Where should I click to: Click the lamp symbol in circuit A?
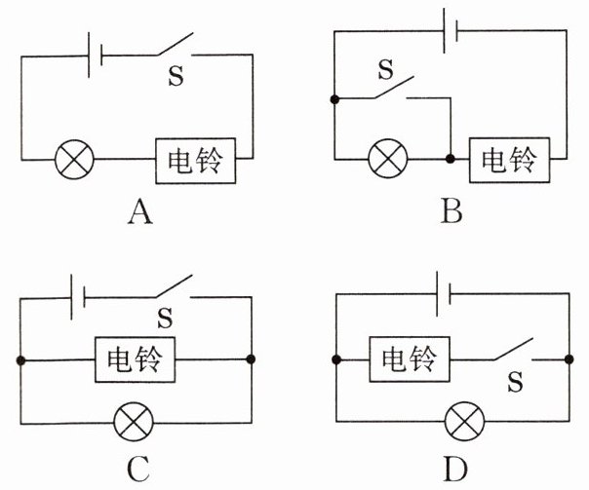[74, 160]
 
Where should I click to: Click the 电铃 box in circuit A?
[196, 161]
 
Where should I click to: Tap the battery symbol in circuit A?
[95, 56]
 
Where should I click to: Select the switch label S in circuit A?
[176, 75]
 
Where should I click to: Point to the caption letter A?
[140, 212]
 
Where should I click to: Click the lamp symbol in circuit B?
[388, 159]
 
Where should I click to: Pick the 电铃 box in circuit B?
[509, 160]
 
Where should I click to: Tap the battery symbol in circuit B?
[451, 31]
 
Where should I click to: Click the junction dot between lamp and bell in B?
[450, 159]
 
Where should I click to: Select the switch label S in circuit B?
[386, 69]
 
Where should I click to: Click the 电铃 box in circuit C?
[135, 359]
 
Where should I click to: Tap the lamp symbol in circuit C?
[134, 422]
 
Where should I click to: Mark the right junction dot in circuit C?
[251, 359]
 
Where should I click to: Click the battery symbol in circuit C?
[78, 297]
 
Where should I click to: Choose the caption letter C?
[138, 470]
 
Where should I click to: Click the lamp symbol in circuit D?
[464, 422]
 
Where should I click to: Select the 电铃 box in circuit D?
[410, 359]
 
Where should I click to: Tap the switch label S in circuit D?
[515, 382]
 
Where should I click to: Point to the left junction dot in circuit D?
[336, 359]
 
